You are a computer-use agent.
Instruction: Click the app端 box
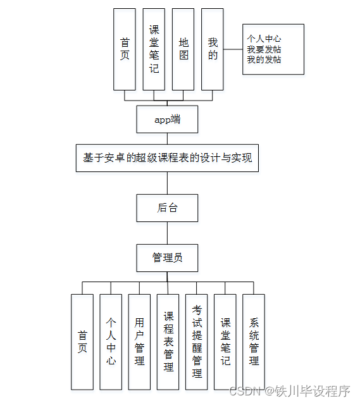tap(167, 119)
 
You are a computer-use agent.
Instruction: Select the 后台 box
tap(167, 208)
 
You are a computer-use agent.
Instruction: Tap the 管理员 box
tap(167, 258)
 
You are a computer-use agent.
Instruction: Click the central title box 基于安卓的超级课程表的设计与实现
tap(167, 158)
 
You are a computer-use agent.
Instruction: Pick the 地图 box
tap(183, 49)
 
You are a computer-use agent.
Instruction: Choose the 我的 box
tap(213, 49)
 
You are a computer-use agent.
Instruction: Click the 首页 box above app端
tap(125, 49)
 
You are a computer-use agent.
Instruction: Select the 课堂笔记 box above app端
tap(154, 49)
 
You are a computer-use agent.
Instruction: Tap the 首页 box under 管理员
tap(82, 342)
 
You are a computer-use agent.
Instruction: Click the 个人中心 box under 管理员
tap(111, 342)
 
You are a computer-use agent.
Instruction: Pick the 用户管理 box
tap(139, 342)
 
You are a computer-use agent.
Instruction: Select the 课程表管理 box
tap(168, 342)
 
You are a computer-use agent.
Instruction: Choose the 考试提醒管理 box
tap(197, 342)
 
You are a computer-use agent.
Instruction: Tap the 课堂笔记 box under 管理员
tap(225, 342)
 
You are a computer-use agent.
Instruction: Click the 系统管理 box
tap(254, 342)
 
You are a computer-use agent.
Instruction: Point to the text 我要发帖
tap(264, 49)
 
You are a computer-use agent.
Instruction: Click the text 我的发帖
tap(264, 59)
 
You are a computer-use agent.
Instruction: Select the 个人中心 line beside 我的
tap(264, 39)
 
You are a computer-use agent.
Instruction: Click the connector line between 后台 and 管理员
tap(167, 233)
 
